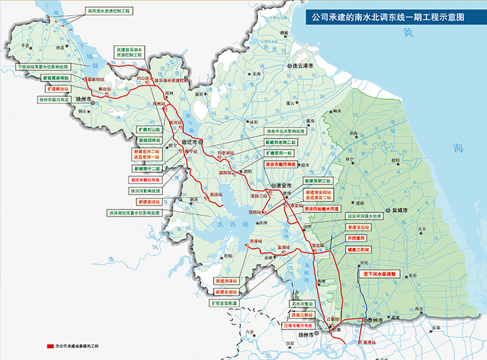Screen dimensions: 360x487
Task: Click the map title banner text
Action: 387,15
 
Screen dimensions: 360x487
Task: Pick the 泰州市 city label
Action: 378,320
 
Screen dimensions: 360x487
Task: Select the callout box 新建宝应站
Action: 356,226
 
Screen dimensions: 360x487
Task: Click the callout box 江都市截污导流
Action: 301,324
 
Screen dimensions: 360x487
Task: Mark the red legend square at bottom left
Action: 49,345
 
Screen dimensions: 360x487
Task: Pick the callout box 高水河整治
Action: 303,304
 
